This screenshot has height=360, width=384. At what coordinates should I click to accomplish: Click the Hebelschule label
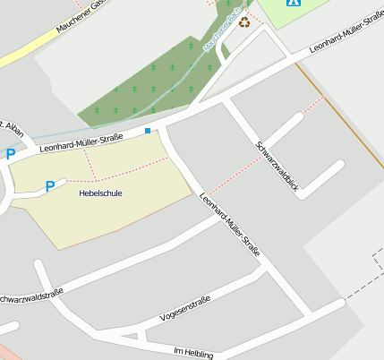coord(100,193)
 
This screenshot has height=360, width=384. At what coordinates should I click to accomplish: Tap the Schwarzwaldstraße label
coord(31,296)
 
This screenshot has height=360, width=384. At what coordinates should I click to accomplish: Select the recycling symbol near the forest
coord(243,21)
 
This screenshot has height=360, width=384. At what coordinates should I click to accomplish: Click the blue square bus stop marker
coord(148,131)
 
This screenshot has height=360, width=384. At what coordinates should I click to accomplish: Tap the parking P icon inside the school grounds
coord(50,186)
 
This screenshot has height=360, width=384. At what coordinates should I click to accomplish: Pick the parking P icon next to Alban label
coord(11,154)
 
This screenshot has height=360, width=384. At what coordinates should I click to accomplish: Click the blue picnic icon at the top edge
coord(293,3)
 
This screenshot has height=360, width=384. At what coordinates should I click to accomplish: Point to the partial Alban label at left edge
coord(5,126)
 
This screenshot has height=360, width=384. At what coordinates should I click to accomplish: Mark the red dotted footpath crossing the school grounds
coord(125,170)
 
